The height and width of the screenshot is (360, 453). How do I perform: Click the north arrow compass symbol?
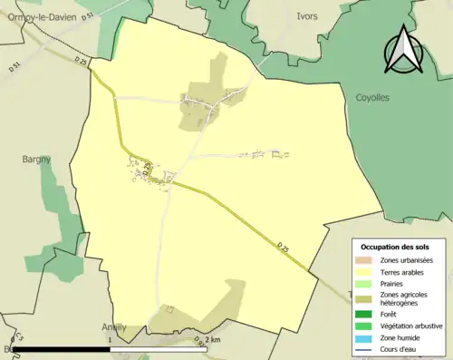pyautogui.click(x=402, y=49)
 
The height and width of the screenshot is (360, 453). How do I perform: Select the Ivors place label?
pyautogui.click(x=306, y=16)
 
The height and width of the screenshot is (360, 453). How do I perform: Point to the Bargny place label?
pyautogui.click(x=37, y=159)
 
